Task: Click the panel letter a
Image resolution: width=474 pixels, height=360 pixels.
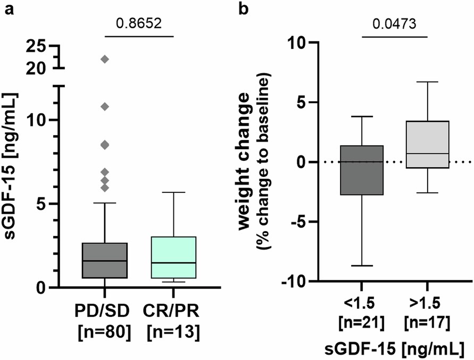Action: click(x=9, y=10)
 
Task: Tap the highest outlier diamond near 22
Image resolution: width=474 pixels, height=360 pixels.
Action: click(x=105, y=59)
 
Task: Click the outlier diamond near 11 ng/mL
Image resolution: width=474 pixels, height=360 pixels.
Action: click(x=105, y=107)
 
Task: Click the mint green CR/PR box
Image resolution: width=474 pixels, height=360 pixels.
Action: click(x=174, y=257)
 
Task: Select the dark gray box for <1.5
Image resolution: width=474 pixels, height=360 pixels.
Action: click(x=361, y=170)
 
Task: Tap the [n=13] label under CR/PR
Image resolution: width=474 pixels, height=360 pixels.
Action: click(x=174, y=331)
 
